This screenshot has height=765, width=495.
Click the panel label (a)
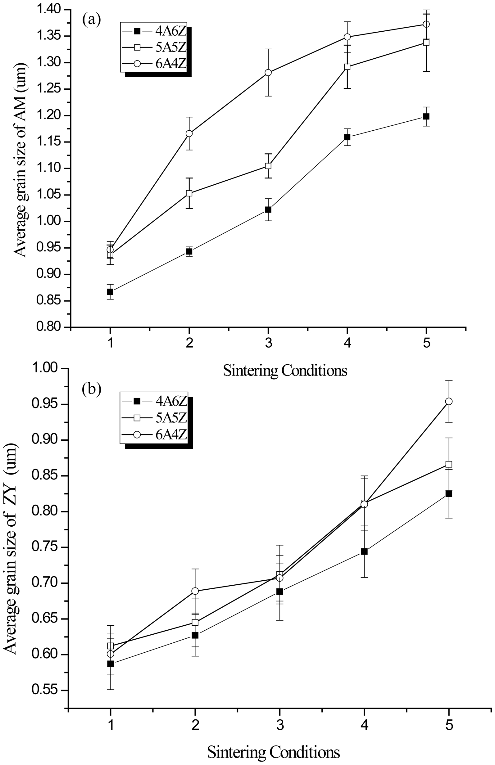(91, 20)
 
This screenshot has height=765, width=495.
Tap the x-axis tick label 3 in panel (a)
(268, 344)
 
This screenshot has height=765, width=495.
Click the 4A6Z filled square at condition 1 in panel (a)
(110, 292)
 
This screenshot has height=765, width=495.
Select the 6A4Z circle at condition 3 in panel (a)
(268, 73)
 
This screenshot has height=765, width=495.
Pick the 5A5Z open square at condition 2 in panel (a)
(189, 193)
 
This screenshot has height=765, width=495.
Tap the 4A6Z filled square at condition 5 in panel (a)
(426, 116)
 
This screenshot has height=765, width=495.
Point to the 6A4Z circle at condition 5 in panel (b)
(449, 402)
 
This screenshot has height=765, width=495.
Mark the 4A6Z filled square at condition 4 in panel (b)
(364, 552)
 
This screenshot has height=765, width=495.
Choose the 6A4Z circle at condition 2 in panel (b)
(195, 591)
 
